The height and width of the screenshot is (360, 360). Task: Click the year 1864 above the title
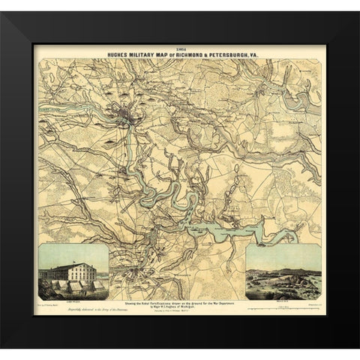coord(178,47)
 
